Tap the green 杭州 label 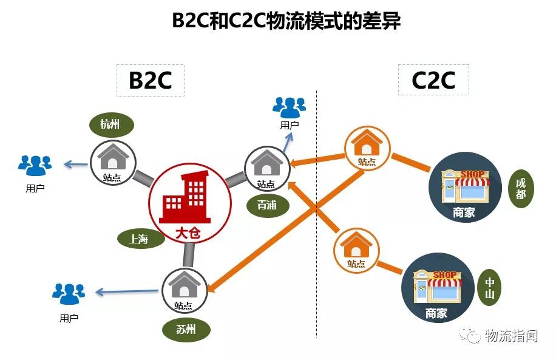pyautogui.click(x=110, y=125)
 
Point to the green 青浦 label pyautogui.click(x=267, y=205)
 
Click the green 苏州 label pyautogui.click(x=186, y=330)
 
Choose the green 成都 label pyautogui.click(x=521, y=188)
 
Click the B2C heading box pyautogui.click(x=150, y=80)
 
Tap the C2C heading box pyautogui.click(x=433, y=80)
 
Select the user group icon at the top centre pyautogui.click(x=289, y=107)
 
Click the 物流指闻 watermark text pyautogui.click(x=510, y=335)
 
